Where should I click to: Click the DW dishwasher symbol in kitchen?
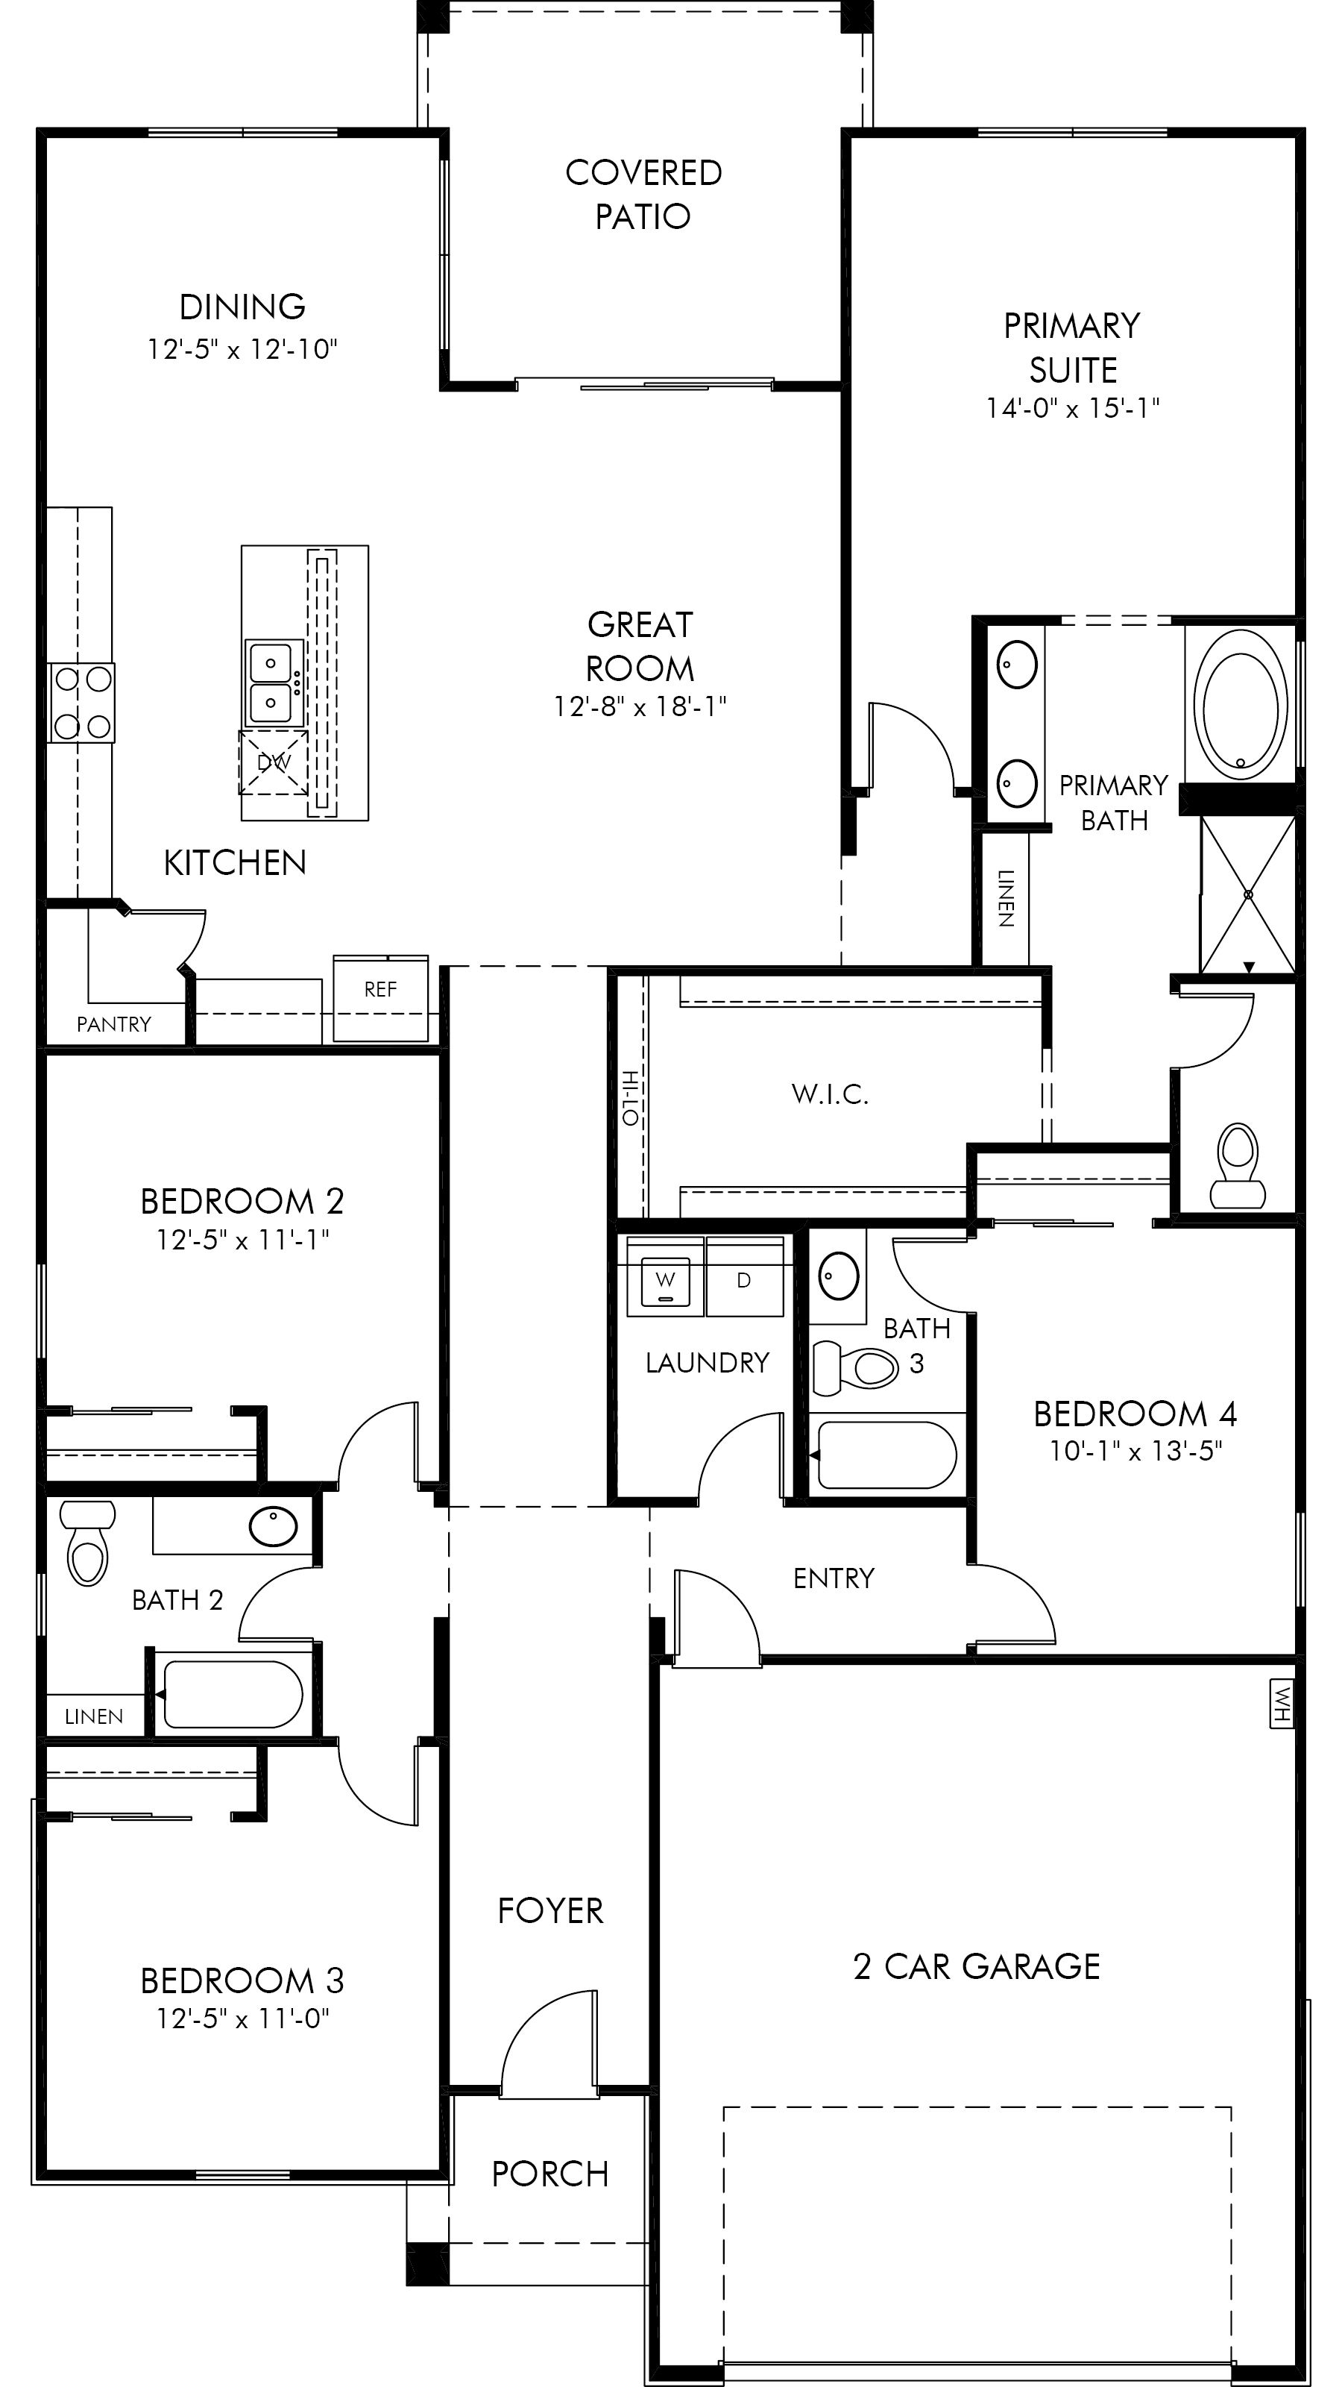(273, 762)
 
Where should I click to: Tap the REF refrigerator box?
(381, 998)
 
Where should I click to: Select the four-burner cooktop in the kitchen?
(83, 703)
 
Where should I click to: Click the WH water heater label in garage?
(1281, 1705)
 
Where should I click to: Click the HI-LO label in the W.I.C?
(631, 1098)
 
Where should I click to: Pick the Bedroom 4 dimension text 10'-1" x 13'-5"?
(1135, 1451)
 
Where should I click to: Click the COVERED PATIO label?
(643, 195)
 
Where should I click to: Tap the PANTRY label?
(113, 1024)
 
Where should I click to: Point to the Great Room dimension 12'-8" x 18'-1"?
(640, 707)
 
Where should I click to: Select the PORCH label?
(550, 2174)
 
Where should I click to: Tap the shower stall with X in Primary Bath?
(1247, 894)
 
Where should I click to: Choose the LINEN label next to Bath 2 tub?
(93, 1716)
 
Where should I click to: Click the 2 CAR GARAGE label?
(976, 1966)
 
